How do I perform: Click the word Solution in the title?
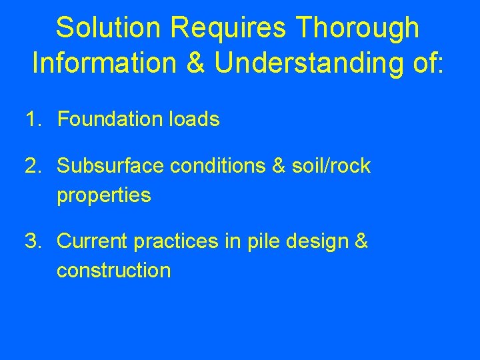(108, 28)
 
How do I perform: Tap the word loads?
(195, 120)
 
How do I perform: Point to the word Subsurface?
(110, 166)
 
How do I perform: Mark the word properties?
(103, 197)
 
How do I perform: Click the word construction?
(113, 271)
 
